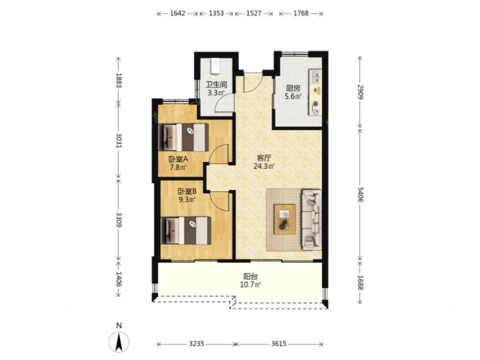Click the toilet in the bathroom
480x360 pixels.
coord(215,66)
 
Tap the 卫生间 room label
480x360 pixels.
coord(216,85)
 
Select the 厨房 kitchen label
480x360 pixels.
coord(293,88)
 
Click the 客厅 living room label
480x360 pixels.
coord(264,158)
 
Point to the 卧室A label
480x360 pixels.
coord(178,159)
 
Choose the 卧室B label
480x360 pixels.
coord(187,191)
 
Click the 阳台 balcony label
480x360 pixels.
coord(250,277)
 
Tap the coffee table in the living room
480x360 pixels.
coord(284,219)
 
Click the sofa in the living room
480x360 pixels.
coord(311,220)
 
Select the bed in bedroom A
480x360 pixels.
coord(184,137)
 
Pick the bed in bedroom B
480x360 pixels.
coord(186,230)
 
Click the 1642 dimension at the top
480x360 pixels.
coord(178,13)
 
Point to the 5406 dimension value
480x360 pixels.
coord(360,194)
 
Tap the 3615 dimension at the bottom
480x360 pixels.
coord(278,344)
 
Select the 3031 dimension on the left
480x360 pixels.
coord(119,140)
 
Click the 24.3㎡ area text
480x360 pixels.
coord(264,167)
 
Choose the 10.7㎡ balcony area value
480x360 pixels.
coord(250,285)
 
